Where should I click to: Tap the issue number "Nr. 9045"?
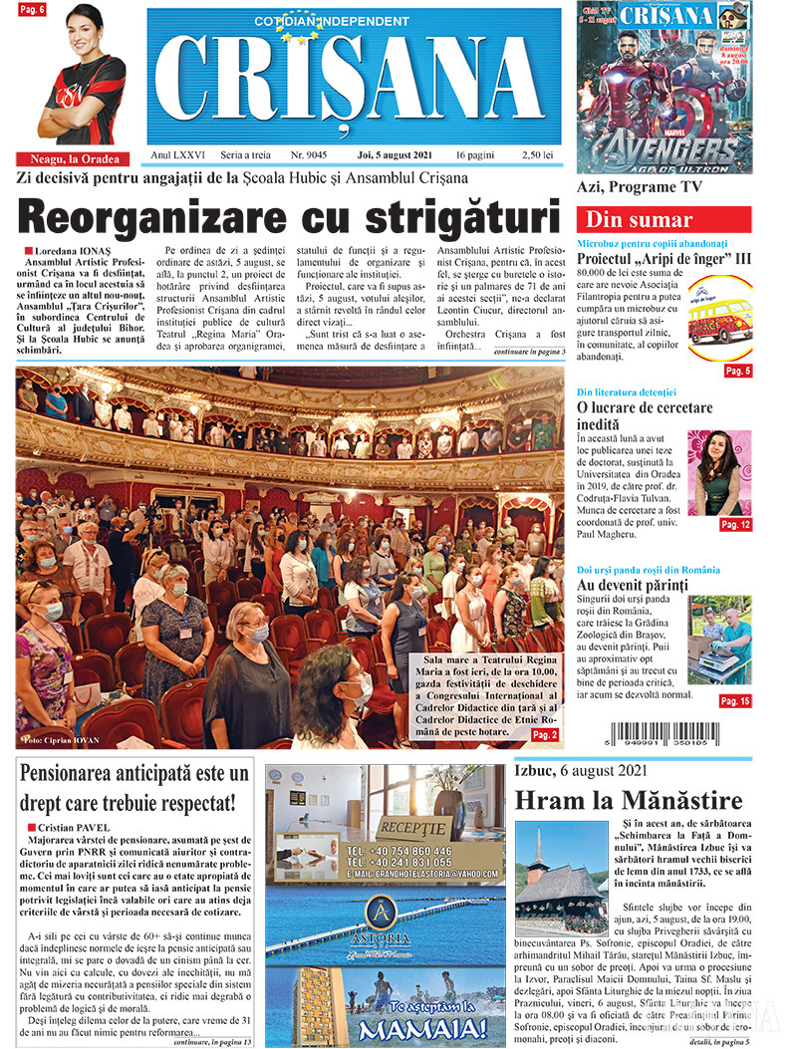pyautogui.click(x=309, y=155)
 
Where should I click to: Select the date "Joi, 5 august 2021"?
pyautogui.click(x=395, y=155)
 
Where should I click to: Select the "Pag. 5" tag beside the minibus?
pyautogui.click(x=737, y=371)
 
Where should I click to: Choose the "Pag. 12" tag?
pyautogui.click(x=735, y=524)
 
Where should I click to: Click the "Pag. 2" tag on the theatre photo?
pyautogui.click(x=545, y=734)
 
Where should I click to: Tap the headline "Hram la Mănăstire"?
pyautogui.click(x=629, y=800)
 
